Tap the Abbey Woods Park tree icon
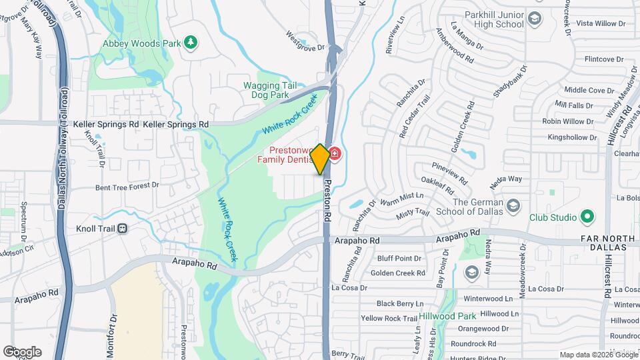191,43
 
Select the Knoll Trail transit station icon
122,229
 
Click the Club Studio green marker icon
587,217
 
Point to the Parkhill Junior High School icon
534,19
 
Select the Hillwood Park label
448,316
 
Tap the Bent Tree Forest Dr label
127,186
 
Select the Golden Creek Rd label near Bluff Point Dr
398,273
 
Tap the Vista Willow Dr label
601,23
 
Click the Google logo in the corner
22,351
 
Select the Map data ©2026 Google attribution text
597,355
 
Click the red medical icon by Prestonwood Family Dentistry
334,155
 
